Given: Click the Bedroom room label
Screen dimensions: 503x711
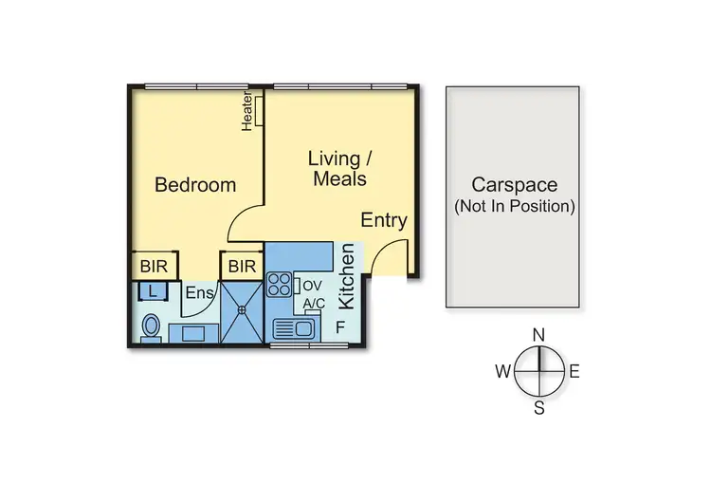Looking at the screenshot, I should [x=195, y=184].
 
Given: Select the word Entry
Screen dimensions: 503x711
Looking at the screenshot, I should [x=384, y=220].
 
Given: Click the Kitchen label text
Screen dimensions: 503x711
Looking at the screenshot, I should [x=347, y=276].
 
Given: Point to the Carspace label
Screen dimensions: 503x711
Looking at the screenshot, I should [x=514, y=185].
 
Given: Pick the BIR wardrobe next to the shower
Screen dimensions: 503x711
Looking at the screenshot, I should [x=242, y=266].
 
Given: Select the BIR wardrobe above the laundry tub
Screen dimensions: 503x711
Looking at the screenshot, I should [x=152, y=266].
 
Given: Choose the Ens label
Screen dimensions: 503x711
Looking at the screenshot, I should [x=199, y=293].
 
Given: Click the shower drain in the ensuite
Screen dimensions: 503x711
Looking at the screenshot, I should [x=243, y=310].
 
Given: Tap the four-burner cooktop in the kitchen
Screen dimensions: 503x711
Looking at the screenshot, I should [x=281, y=284].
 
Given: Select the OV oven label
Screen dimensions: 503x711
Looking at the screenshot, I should [x=313, y=285].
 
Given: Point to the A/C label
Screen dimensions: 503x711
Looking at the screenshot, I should [x=314, y=304].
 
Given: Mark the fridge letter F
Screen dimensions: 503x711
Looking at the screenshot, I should [x=340, y=327].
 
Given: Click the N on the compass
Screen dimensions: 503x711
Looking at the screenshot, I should [x=538, y=334].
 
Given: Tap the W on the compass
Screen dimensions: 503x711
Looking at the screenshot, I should [x=502, y=371].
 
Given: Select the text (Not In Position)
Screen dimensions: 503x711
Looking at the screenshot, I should [x=514, y=205].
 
